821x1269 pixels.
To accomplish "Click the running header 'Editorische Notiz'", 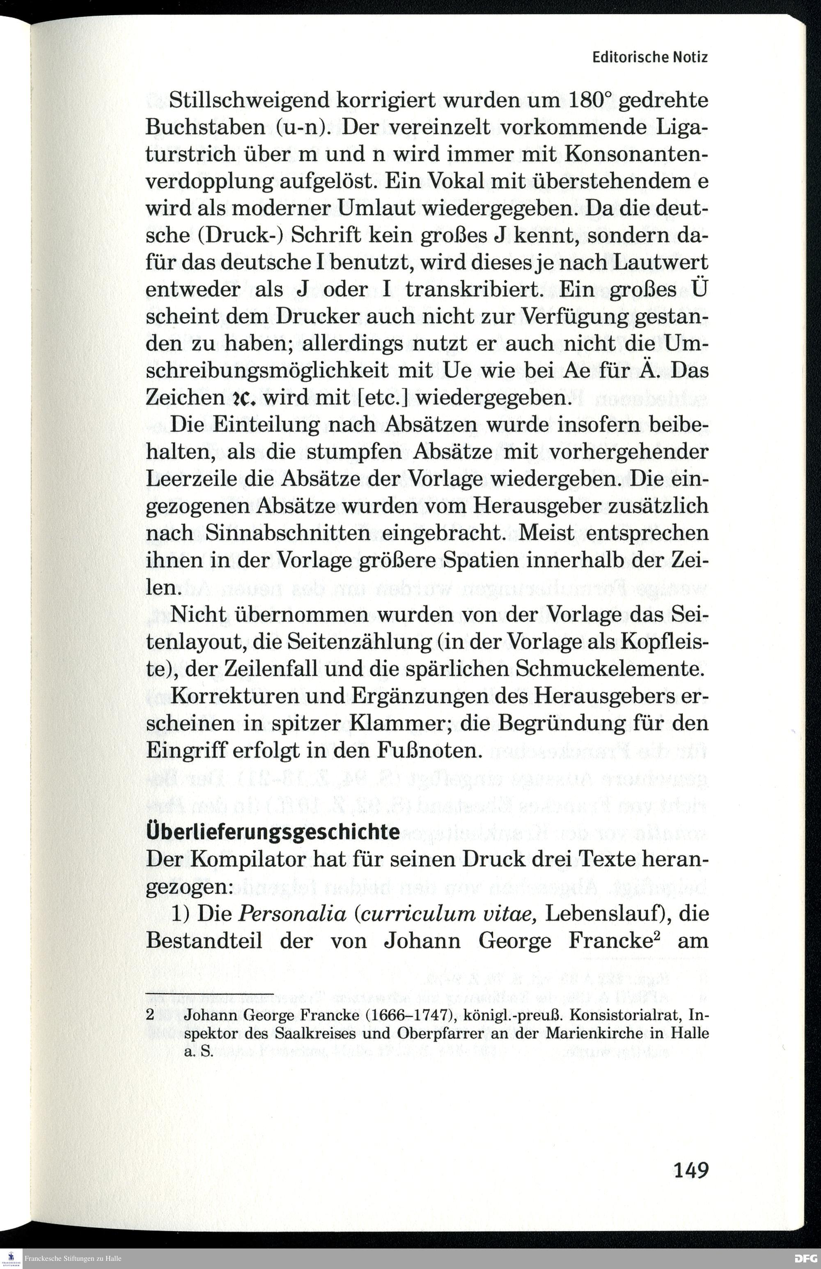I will tap(650, 57).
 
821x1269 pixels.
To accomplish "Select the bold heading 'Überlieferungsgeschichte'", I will tap(273, 832).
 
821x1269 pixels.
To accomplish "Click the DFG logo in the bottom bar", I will tap(805, 1259).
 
